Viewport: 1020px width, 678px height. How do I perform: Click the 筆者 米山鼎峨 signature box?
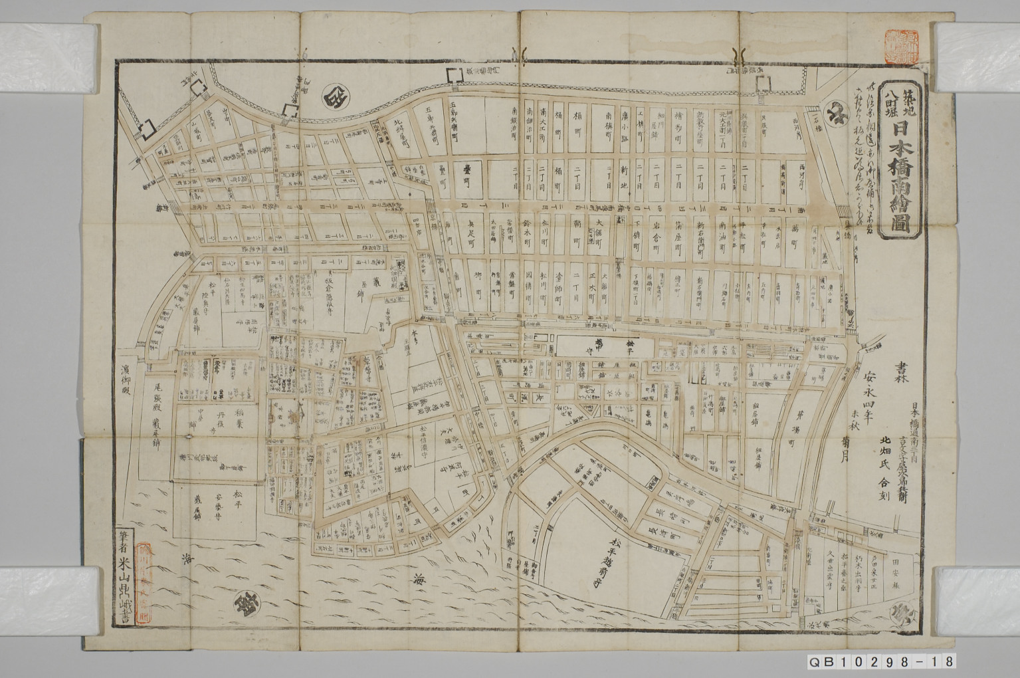(x=143, y=578)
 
